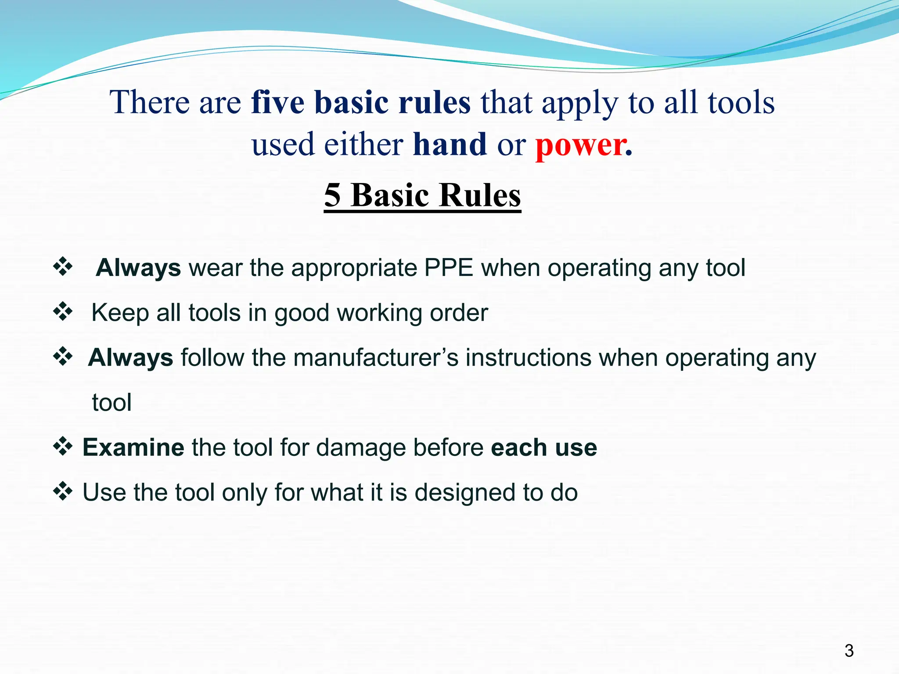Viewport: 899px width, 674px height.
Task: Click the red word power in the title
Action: [x=581, y=145]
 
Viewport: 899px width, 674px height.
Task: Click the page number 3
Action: [x=849, y=650]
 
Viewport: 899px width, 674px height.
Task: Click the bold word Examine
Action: [x=133, y=448]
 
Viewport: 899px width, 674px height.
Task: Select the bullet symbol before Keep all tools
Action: [x=63, y=312]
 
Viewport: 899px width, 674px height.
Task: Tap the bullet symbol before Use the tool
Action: [x=63, y=491]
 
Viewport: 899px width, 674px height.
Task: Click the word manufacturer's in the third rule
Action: [x=376, y=358]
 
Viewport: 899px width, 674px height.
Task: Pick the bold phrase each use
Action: [x=544, y=448]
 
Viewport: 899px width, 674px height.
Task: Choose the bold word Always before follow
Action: [x=130, y=358]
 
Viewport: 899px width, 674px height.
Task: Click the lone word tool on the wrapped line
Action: [x=111, y=402]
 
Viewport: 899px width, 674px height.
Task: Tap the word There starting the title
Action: [x=149, y=102]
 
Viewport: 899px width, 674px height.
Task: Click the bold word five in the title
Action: [x=277, y=102]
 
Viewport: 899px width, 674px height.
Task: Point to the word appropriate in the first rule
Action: [x=354, y=269]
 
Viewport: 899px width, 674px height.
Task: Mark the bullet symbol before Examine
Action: [x=63, y=446]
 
